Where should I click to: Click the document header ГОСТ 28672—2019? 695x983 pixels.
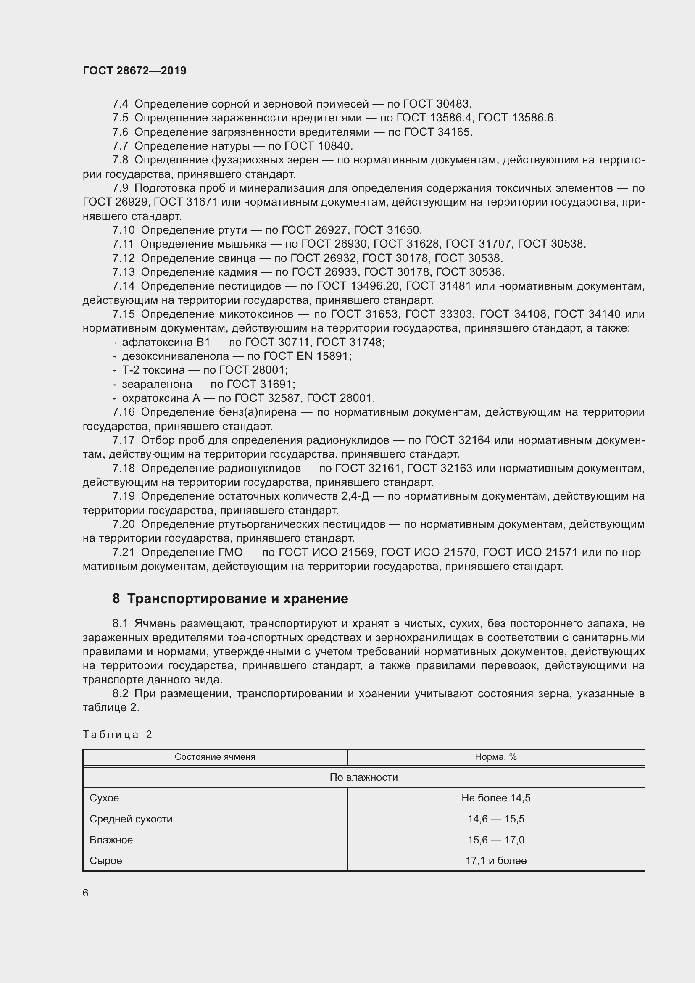[x=134, y=71]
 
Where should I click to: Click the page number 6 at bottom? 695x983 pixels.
[x=86, y=893]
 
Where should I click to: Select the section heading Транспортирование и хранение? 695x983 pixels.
[x=237, y=598]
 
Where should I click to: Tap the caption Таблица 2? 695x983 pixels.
[x=117, y=735]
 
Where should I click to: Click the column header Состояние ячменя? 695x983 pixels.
[x=215, y=757]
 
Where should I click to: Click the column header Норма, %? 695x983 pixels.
[x=495, y=757]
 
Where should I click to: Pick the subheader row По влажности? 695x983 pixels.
[x=363, y=777]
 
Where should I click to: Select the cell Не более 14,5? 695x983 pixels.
[x=495, y=798]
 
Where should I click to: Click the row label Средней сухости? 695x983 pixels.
[x=131, y=819]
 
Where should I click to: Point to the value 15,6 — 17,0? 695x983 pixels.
[x=495, y=840]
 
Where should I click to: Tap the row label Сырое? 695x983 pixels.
[x=106, y=861]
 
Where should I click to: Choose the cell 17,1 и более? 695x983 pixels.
[x=495, y=861]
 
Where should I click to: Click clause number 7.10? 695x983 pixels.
[x=123, y=230]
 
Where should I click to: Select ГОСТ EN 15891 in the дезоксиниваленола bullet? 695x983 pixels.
[x=307, y=356]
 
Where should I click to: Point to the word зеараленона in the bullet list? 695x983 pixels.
[x=157, y=384]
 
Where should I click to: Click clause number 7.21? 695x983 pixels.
[x=123, y=552]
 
